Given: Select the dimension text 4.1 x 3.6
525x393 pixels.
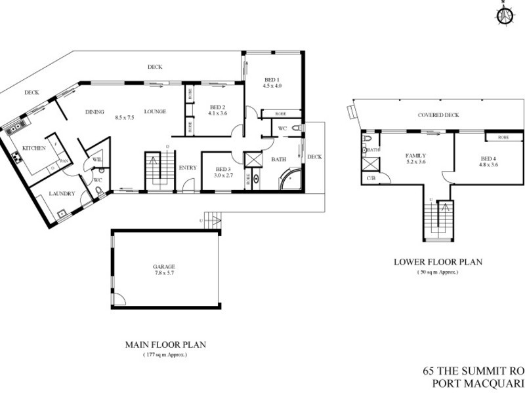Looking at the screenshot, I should [x=218, y=113].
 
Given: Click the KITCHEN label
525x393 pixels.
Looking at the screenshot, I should [x=33, y=149].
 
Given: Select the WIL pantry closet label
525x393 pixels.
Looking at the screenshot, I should [x=96, y=159].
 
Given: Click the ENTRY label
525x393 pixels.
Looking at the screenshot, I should [x=188, y=168].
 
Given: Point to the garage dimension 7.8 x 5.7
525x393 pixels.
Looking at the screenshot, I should [x=165, y=274].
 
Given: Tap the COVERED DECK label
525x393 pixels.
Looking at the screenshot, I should [x=438, y=115].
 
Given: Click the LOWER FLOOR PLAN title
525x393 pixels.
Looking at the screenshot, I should [x=438, y=262].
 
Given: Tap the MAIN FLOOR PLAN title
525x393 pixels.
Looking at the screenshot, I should [x=165, y=345].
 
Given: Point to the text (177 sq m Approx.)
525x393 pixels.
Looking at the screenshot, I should [x=165, y=354].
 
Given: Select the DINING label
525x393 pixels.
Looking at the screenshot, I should [x=95, y=112].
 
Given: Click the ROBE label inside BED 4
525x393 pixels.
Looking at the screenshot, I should [x=503, y=138].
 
